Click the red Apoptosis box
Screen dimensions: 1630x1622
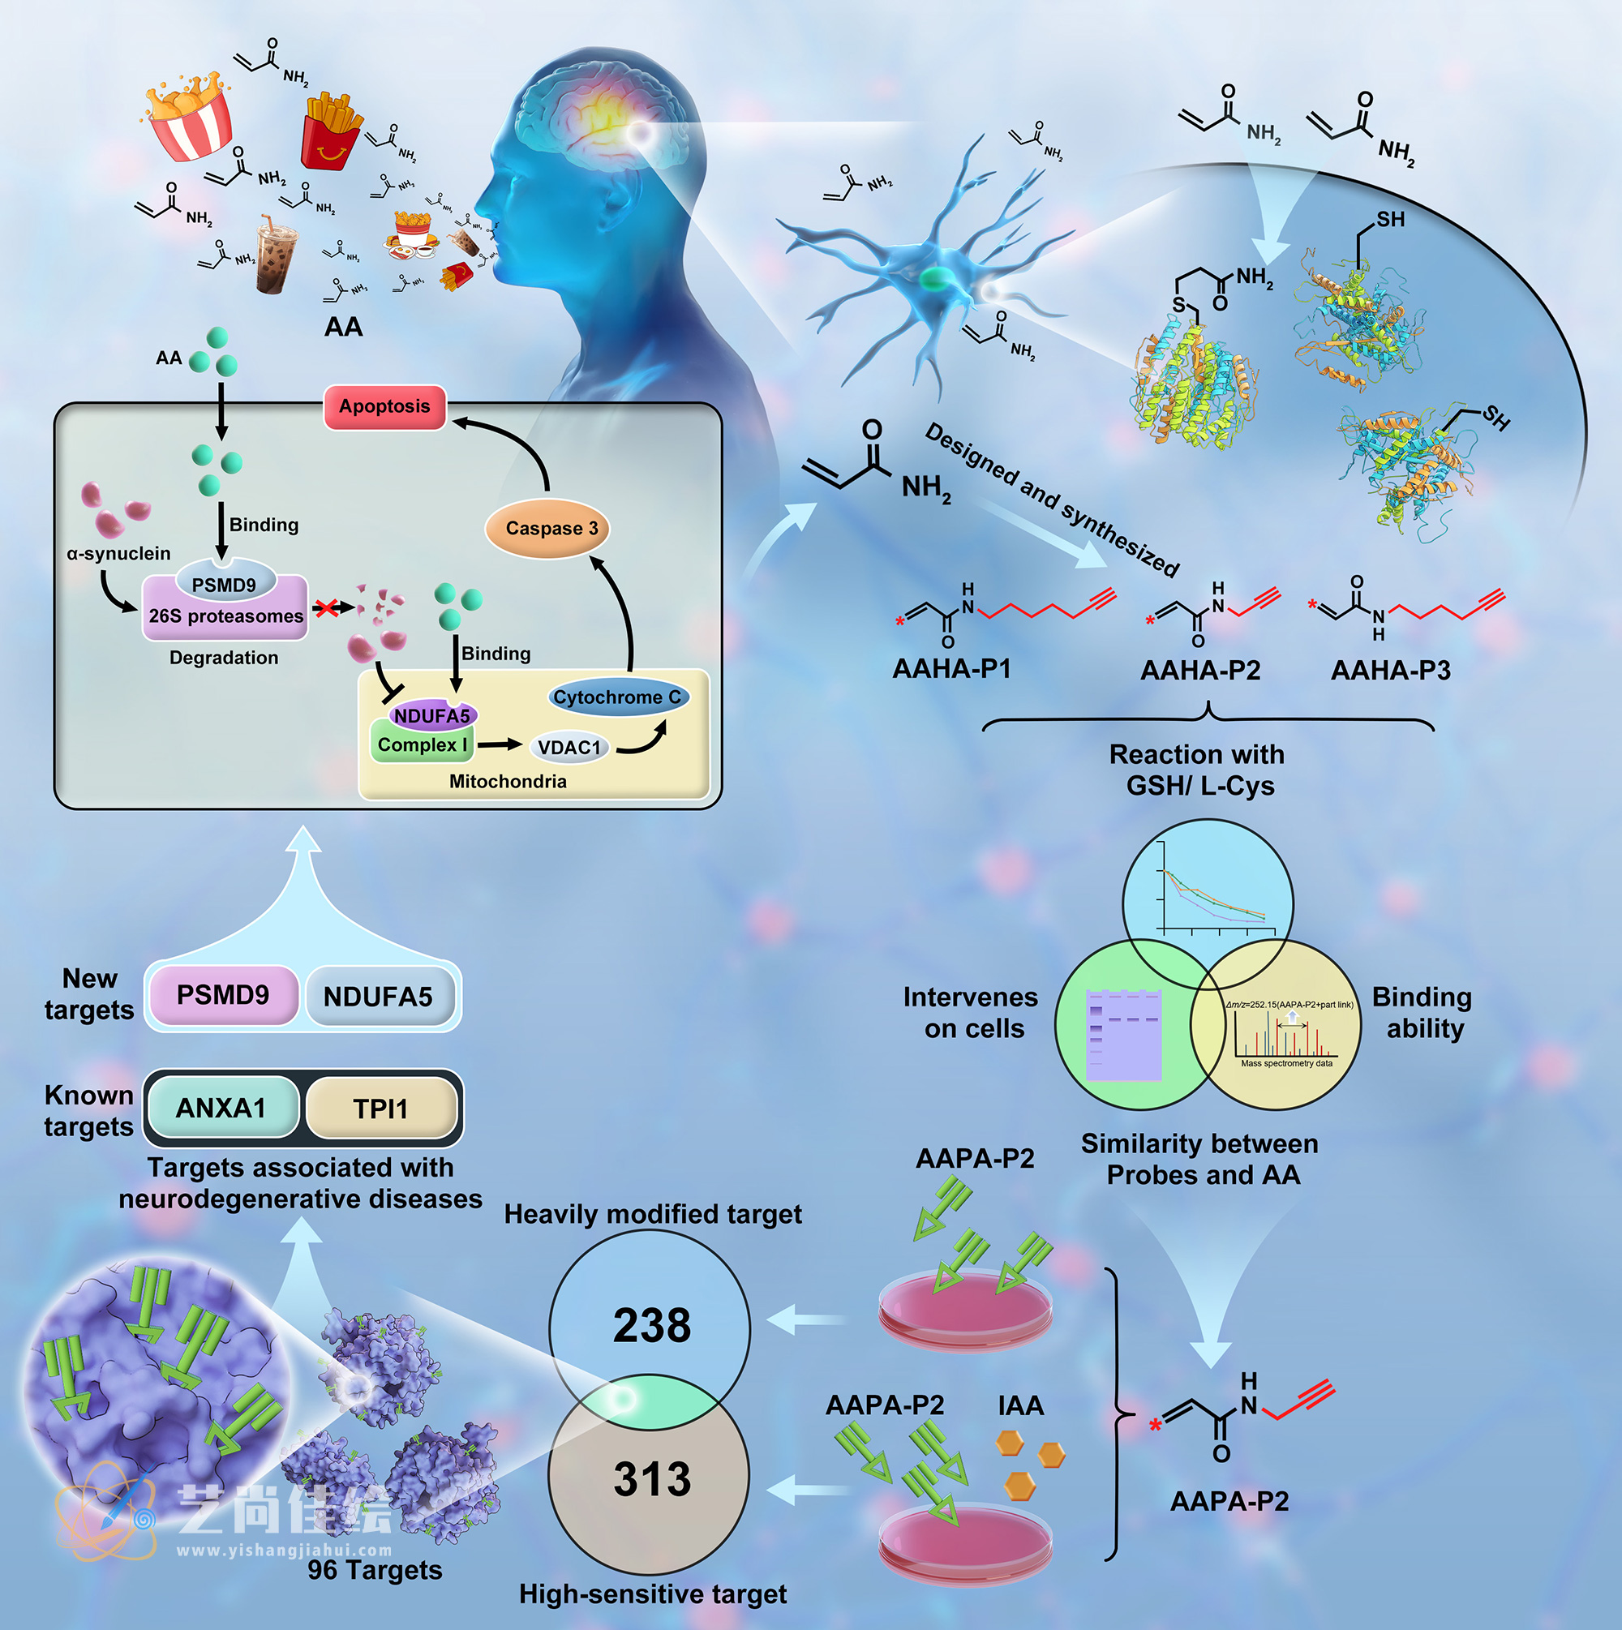point(385,406)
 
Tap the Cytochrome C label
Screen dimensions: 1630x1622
point(617,697)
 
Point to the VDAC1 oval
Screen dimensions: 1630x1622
point(569,748)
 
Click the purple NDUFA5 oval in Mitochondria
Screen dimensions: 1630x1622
point(432,716)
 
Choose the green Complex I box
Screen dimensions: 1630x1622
point(421,745)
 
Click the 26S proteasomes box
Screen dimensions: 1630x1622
point(225,616)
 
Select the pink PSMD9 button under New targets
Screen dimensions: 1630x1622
point(223,996)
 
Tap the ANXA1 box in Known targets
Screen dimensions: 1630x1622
point(221,1108)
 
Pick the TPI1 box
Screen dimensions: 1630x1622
point(380,1109)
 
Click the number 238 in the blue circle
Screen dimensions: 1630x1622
point(651,1325)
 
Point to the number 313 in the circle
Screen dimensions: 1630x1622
point(651,1480)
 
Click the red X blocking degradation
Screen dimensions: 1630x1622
point(327,607)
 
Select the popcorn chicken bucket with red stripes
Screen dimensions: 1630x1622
point(189,118)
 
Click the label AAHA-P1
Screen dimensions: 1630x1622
point(951,669)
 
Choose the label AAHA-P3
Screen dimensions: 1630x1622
point(1390,671)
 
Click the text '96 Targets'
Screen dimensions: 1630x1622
point(375,1570)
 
